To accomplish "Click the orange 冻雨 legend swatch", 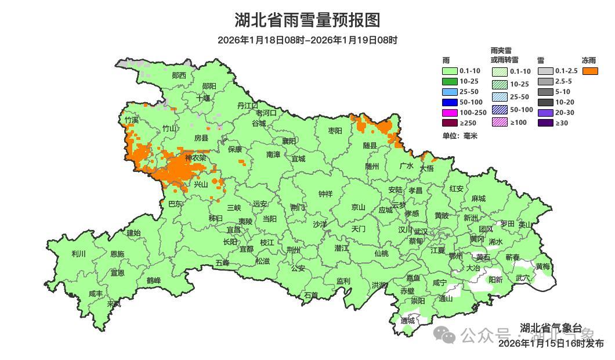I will tap(591, 71).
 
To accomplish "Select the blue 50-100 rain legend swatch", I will tap(450, 102).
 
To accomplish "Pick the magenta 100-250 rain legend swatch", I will tap(450, 112).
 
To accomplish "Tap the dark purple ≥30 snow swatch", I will tap(545, 123).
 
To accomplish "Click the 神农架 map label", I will tap(196, 158).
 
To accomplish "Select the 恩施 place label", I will tap(117, 254).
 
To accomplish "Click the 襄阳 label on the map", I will tap(289, 141).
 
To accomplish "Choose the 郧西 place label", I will tap(179, 75).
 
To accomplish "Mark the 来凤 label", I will tap(114, 304).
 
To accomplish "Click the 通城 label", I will tap(407, 321).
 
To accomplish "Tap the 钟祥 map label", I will tap(325, 194).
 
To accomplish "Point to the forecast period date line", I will tap(307, 40).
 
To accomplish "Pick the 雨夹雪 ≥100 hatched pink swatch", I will tap(500, 123).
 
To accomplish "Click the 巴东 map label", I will tap(175, 204).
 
